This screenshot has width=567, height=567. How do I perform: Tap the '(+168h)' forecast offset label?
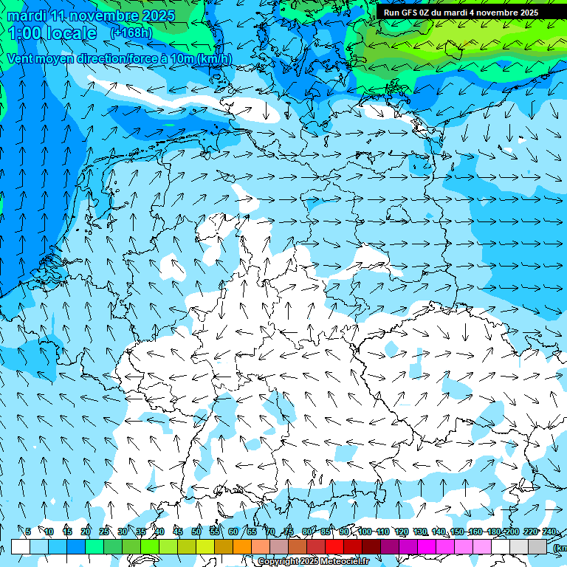tap(131, 32)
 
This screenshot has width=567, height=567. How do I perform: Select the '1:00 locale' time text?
tap(53, 33)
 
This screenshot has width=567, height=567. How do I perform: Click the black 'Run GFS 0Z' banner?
tap(461, 13)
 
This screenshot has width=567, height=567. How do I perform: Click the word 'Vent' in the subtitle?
tap(21, 59)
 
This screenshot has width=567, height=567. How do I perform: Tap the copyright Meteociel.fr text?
tap(313, 562)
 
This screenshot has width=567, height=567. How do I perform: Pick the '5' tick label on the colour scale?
tap(28, 532)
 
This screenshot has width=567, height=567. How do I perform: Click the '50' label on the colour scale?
tap(196, 532)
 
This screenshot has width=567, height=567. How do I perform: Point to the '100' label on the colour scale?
tap(365, 532)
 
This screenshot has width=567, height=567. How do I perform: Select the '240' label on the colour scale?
tap(549, 532)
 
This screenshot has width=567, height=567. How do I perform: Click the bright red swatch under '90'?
tap(334, 546)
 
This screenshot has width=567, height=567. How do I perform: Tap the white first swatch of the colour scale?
tap(21, 546)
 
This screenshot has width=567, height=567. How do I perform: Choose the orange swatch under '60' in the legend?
tap(242, 546)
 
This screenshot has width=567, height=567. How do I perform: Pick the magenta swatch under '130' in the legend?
tap(427, 546)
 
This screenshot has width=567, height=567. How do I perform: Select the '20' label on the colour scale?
tap(86, 532)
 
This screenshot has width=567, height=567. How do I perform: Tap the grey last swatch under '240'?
tap(537, 546)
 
